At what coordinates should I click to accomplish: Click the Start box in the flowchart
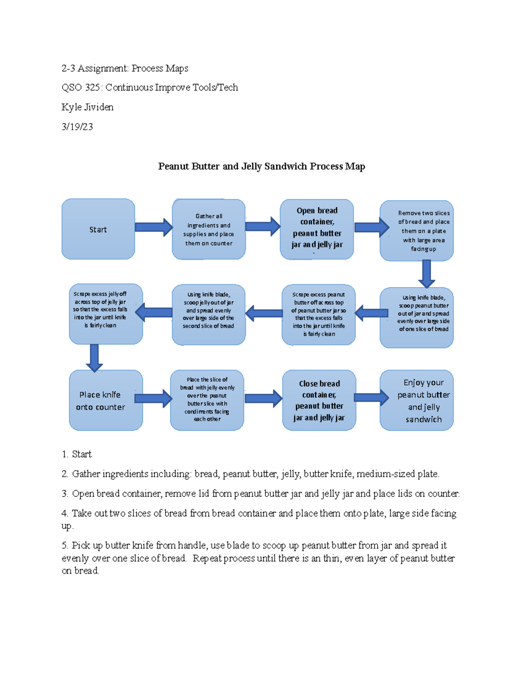pyautogui.click(x=98, y=229)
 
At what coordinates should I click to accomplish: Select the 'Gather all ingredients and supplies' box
pyautogui.click(x=209, y=229)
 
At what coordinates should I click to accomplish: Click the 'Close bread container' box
pyautogui.click(x=319, y=400)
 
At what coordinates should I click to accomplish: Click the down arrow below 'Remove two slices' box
pyautogui.click(x=427, y=273)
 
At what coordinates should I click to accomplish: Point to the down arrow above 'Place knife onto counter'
pyautogui.click(x=94, y=357)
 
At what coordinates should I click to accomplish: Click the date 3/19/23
pyautogui.click(x=77, y=127)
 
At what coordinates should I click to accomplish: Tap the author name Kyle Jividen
pyautogui.click(x=87, y=107)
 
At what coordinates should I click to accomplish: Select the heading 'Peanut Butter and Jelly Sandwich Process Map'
pyautogui.click(x=262, y=166)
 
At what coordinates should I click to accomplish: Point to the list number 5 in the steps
pyautogui.click(x=65, y=545)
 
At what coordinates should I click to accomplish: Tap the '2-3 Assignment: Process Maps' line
pyautogui.click(x=125, y=68)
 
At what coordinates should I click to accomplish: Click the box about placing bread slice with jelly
pyautogui.click(x=207, y=399)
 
